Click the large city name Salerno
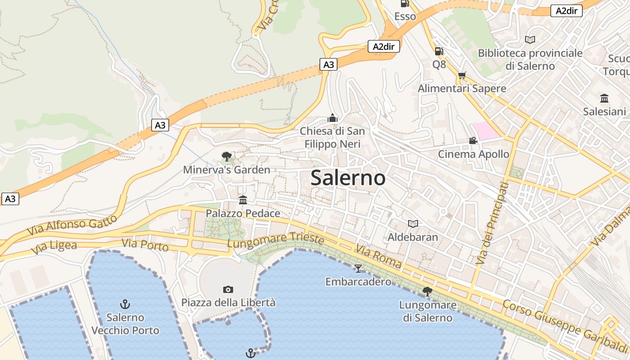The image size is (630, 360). tap(348, 178)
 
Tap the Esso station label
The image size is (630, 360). tap(405, 17)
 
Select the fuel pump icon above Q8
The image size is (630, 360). tap(439, 51)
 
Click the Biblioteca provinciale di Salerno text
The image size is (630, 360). tap(530, 59)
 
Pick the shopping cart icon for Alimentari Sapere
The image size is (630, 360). tap(462, 76)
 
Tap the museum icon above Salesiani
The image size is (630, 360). tap(604, 98)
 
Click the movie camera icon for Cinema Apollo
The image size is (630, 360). tap(473, 141)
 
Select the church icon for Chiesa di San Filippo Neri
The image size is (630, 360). tap(333, 118)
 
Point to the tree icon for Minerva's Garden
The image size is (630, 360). tap(227, 157)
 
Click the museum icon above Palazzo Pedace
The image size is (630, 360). tap(243, 200)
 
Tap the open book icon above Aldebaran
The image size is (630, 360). tap(413, 224)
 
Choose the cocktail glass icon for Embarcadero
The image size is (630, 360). tap(358, 269)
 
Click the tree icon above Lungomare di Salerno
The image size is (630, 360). tap(427, 292)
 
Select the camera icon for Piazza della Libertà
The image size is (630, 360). tap(228, 289)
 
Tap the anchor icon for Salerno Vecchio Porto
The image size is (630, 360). tap(125, 304)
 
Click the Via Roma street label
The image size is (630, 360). tap(378, 256)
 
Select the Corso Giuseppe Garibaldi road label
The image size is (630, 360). tap(564, 326)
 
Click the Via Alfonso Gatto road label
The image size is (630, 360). tap(72, 225)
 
